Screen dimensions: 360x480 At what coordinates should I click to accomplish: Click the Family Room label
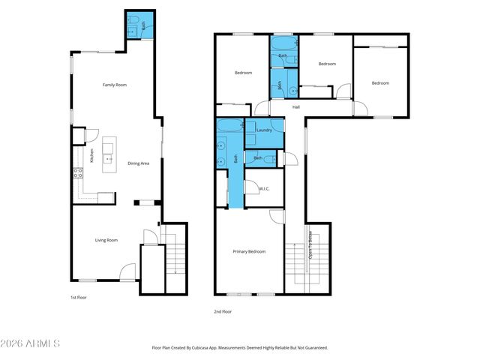click(115, 85)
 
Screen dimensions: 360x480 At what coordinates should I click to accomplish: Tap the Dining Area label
click(139, 163)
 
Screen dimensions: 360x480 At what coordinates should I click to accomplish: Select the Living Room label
click(106, 240)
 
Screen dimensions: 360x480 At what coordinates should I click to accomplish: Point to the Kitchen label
click(91, 156)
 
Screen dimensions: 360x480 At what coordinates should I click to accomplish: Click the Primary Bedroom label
click(249, 251)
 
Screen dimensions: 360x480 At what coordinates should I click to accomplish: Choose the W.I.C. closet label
click(264, 189)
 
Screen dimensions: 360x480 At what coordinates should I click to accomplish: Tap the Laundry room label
click(264, 130)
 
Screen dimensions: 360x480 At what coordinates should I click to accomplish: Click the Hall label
click(296, 107)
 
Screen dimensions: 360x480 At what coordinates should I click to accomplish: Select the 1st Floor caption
click(70, 297)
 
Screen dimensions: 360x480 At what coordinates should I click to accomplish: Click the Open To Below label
click(310, 244)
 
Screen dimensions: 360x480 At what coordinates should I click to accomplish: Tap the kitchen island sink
click(109, 158)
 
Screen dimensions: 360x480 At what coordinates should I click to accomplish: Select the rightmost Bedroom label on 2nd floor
click(381, 82)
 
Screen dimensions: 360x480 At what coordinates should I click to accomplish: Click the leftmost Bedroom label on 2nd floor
click(243, 73)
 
